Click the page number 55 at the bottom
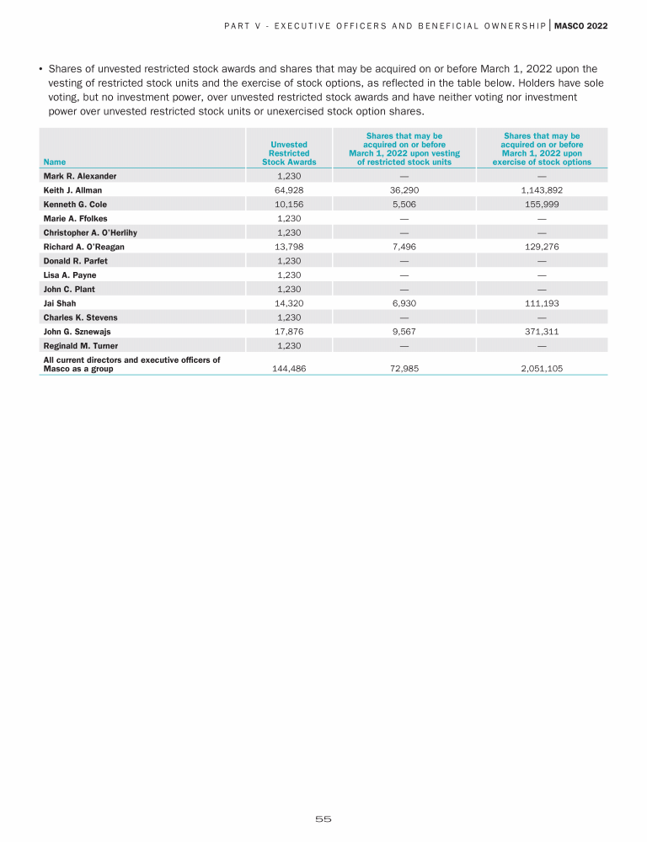pyautogui.click(x=323, y=818)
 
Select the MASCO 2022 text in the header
pyautogui.click(x=580, y=26)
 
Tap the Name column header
pyautogui.click(x=54, y=162)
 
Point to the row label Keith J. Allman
pyautogui.click(x=72, y=190)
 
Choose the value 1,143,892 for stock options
pyautogui.click(x=542, y=190)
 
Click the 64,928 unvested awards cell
pyautogui.click(x=289, y=190)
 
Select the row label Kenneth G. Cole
pyautogui.click(x=75, y=205)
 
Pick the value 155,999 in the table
pyautogui.click(x=542, y=205)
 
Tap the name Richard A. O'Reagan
pyautogui.click(x=83, y=247)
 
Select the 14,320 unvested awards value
pyautogui.click(x=289, y=303)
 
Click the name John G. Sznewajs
pyautogui.click(x=78, y=332)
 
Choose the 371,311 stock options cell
pyautogui.click(x=542, y=332)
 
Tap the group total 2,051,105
pyautogui.click(x=542, y=369)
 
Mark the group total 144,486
pyautogui.click(x=289, y=369)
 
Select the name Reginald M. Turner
pyautogui.click(x=80, y=346)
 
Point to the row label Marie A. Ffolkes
pyautogui.click(x=75, y=219)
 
